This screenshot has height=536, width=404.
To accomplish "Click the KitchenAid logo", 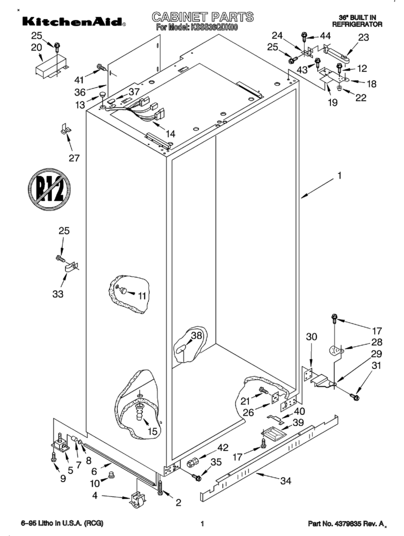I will [x=72, y=21].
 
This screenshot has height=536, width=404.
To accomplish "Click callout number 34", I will [x=285, y=481].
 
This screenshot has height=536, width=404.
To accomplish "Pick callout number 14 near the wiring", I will [x=170, y=133].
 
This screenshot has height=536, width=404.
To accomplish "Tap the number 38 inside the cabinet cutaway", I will [x=196, y=336].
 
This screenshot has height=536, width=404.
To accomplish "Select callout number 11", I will [x=142, y=295].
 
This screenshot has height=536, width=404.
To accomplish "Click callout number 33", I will [x=58, y=294].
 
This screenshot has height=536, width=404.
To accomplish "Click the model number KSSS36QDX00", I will [x=210, y=28].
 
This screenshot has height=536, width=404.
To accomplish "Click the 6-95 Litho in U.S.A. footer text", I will [x=62, y=523].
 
